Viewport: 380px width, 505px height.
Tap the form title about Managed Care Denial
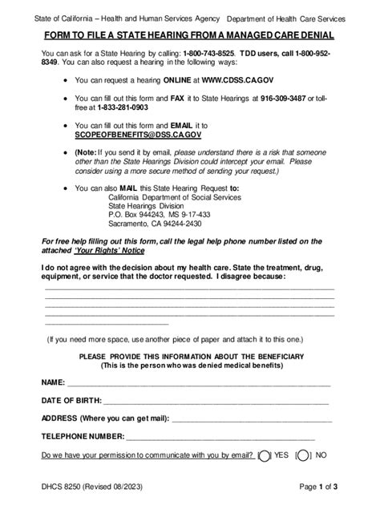[x=189, y=37]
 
